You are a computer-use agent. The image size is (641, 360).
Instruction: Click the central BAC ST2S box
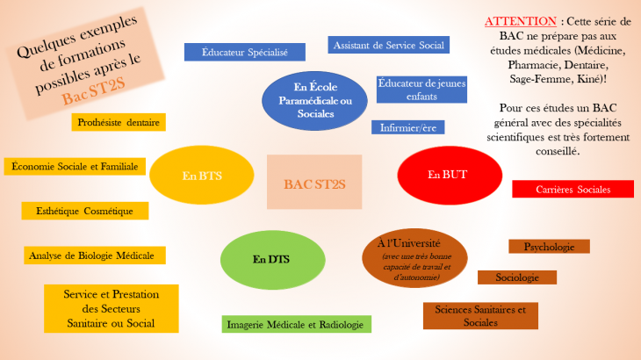pos(314,182)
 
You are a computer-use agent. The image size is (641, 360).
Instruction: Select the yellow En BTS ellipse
pos(202,175)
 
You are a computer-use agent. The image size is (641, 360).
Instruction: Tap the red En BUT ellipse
pos(450,176)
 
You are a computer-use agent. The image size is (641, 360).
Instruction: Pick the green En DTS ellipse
pos(273,260)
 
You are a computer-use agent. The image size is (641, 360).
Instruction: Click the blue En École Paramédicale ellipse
pos(314,101)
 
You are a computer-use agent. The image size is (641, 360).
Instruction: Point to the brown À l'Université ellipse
pos(414,258)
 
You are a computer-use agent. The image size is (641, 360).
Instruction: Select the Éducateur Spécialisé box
pos(244,52)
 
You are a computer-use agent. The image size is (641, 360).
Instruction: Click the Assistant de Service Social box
pos(388,45)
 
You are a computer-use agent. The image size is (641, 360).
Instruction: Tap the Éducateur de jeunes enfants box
pos(421,90)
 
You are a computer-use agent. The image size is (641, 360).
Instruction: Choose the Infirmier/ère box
pos(408,127)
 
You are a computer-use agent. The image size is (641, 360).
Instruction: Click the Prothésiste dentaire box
pos(119,122)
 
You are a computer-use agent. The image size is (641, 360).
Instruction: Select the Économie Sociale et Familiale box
pos(75,166)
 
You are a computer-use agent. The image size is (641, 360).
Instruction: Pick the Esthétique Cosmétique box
pos(85,211)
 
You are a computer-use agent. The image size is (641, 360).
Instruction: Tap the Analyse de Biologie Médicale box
pos(95,256)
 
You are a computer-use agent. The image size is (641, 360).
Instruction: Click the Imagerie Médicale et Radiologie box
pos(297,324)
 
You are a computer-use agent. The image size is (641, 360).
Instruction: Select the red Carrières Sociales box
pos(573,189)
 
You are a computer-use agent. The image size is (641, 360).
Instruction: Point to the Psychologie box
pos(549,247)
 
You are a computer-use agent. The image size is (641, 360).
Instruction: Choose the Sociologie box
pos(517,277)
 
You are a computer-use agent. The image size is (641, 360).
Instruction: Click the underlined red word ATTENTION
pos(521,21)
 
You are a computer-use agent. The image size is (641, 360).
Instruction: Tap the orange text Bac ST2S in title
pos(93,91)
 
